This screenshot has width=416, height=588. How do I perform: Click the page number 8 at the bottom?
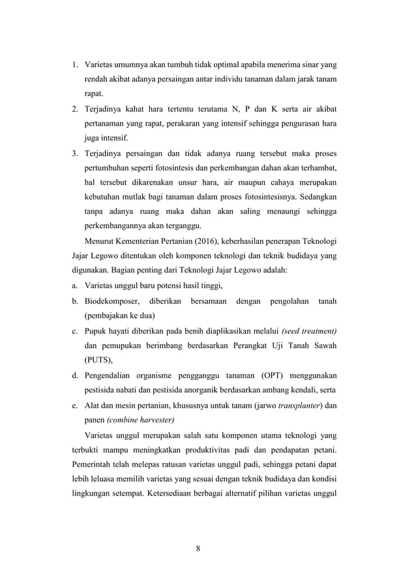point(207,547)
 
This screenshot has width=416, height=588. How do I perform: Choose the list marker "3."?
point(75,154)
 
